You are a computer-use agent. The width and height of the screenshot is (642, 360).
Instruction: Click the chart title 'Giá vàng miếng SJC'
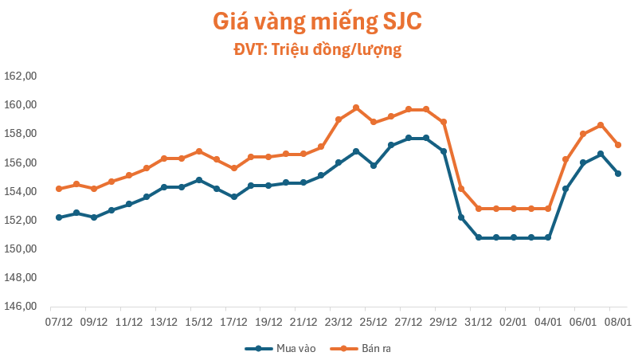click(x=316, y=22)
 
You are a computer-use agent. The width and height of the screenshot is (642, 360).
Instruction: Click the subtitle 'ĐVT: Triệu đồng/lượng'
click(x=316, y=50)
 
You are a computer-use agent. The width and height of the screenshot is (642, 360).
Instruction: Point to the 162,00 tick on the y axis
click(x=22, y=76)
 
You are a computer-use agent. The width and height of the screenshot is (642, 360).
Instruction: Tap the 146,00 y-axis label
click(x=22, y=307)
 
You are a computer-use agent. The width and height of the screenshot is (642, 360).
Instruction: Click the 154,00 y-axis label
click(x=22, y=191)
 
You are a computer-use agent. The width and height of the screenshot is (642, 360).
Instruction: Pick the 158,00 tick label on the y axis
click(x=22, y=134)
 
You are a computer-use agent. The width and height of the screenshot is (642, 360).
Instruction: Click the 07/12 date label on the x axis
click(x=59, y=322)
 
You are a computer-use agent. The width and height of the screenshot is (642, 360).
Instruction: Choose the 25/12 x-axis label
click(x=374, y=322)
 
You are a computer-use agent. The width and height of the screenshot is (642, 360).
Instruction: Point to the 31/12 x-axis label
click(x=478, y=322)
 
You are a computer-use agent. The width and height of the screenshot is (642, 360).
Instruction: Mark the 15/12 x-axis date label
click(x=199, y=322)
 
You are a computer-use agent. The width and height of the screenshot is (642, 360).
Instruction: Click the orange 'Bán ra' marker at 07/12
click(x=59, y=189)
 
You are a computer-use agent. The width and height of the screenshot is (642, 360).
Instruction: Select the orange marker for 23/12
click(x=339, y=119)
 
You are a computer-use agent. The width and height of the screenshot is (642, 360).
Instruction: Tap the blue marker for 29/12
click(x=444, y=151)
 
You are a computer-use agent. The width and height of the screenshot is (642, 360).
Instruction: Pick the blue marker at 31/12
click(x=479, y=237)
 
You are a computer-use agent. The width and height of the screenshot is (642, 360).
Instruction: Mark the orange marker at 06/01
click(x=583, y=134)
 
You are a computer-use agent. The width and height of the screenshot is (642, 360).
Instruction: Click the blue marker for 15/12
click(x=199, y=180)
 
